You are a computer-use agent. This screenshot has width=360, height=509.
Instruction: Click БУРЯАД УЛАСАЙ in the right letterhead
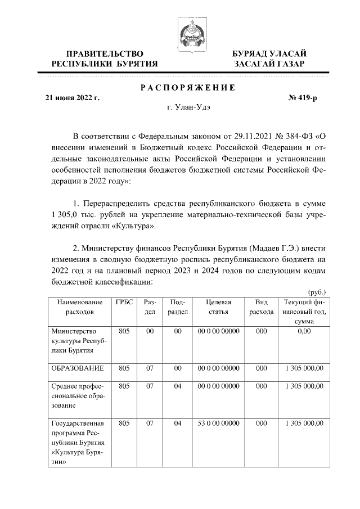(x=269, y=53)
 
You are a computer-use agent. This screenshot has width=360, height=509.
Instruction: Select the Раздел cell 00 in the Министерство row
(x=150, y=331)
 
